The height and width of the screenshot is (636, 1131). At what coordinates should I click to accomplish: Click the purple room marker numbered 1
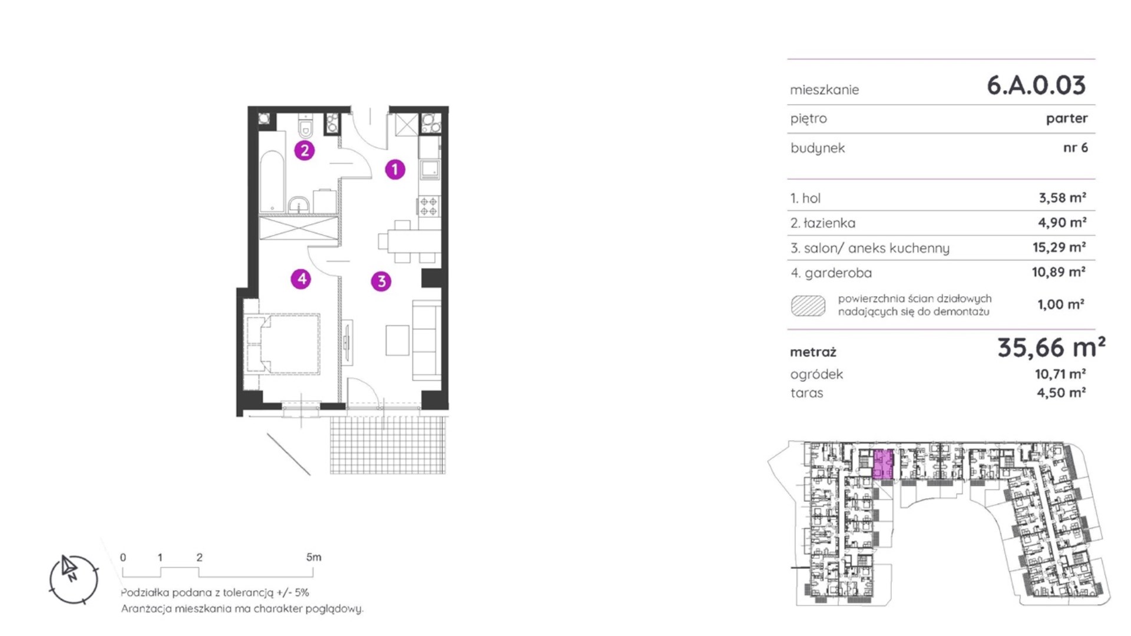[x=395, y=170]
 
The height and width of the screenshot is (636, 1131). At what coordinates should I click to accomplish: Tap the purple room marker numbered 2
[x=305, y=150]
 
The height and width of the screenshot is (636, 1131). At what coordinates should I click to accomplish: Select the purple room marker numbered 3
[x=381, y=281]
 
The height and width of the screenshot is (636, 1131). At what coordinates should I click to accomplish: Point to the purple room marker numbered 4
[x=302, y=279]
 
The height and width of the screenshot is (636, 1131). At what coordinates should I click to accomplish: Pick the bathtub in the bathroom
[x=272, y=181]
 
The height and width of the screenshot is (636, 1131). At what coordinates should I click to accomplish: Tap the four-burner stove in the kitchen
[x=429, y=206]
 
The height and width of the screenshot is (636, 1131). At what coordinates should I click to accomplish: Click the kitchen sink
[x=429, y=170]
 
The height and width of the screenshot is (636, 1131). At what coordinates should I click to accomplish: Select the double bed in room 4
[x=283, y=343]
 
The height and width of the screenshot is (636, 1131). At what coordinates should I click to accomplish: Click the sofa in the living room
[x=426, y=340]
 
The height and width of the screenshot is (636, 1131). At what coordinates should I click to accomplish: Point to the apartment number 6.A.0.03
[x=1036, y=85]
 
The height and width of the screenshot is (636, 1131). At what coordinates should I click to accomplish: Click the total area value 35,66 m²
[x=1051, y=347]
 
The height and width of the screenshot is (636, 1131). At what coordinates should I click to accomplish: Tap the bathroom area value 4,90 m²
[x=1062, y=223]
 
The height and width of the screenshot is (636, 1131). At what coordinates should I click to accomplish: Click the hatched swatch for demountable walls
[x=808, y=306]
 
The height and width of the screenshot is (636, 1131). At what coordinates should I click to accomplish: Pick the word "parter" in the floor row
[x=1067, y=118]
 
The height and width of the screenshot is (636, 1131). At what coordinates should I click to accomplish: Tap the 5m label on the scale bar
[x=314, y=557]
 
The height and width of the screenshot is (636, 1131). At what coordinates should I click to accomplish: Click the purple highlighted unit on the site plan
[x=882, y=465]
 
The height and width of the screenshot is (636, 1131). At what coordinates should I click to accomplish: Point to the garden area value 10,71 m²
[x=1061, y=374]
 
